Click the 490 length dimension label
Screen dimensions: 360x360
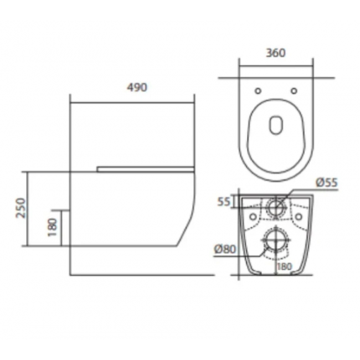coord(137,88)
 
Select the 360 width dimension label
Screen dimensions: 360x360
coord(276,53)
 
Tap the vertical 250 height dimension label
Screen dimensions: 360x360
coord(20,208)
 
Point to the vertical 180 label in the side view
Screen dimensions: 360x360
coord(53,227)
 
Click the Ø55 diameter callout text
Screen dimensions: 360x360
coord(327,183)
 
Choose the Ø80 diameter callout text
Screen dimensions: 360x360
coord(225,249)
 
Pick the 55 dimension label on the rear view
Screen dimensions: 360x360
coord(223,202)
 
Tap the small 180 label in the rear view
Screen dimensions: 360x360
coord(284,266)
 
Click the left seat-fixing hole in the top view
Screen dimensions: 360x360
coord(258,91)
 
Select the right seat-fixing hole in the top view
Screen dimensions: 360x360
coord(294,91)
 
